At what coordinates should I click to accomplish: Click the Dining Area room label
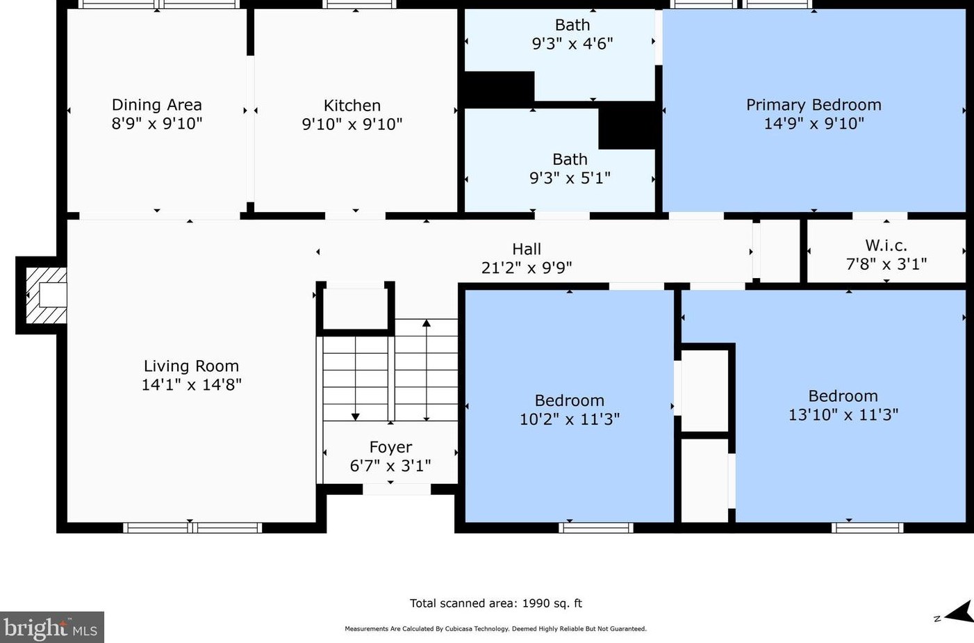point(156,105)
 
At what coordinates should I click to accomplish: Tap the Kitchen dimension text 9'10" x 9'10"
point(352,124)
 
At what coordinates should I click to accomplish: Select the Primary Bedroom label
point(814,105)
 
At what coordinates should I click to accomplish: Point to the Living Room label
point(191,366)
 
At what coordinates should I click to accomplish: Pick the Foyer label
point(390,447)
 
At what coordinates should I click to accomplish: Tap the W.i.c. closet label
point(886,245)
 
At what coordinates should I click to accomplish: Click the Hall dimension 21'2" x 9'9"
point(527,268)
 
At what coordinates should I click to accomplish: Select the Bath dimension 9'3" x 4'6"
point(572,44)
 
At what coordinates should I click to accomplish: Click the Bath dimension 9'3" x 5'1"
point(570,178)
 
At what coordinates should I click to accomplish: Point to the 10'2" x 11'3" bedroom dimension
point(570,419)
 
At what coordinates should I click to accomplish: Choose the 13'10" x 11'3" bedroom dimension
point(843,414)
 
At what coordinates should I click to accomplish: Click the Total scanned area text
point(496,603)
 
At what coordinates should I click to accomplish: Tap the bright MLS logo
point(51,627)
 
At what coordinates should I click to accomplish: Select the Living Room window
point(192,528)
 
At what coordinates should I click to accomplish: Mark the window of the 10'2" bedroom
point(595,528)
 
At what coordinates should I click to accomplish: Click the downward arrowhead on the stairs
point(355,417)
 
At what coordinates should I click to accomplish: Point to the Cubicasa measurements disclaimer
point(496,628)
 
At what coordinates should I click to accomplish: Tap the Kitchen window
point(359,4)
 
